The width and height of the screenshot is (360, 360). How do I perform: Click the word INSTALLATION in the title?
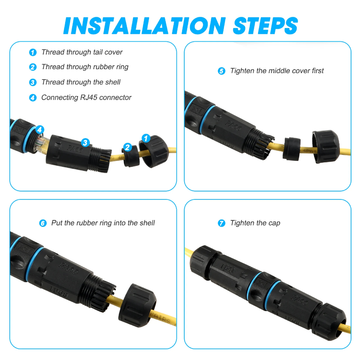(145, 26)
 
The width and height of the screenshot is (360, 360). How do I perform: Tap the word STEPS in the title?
(265, 26)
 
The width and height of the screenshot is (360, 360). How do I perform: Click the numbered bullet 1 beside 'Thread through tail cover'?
(33, 52)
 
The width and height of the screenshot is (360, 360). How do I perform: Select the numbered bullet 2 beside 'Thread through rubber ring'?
(33, 67)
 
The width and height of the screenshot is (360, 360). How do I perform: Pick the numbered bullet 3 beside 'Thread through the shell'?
(33, 82)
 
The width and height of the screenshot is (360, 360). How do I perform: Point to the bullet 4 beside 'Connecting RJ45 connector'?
(33, 98)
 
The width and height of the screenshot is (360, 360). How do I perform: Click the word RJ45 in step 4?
(89, 97)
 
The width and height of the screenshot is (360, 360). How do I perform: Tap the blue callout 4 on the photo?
(40, 130)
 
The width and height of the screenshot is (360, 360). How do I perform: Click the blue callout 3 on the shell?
(85, 143)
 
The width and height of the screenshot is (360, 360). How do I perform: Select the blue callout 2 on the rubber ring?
(127, 147)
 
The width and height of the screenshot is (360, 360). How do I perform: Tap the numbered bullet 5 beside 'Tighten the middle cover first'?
(221, 71)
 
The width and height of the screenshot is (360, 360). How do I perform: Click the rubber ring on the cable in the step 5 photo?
(292, 149)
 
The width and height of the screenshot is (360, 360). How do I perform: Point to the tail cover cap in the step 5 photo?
(325, 147)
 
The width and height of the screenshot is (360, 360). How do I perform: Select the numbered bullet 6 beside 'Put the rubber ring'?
(43, 223)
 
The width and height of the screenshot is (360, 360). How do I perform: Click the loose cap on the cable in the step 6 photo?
(137, 305)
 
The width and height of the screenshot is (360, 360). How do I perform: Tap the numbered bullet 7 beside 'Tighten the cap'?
(221, 223)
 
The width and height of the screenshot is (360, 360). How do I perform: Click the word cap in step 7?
(274, 224)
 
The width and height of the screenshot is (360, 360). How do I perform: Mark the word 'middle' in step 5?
(278, 71)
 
